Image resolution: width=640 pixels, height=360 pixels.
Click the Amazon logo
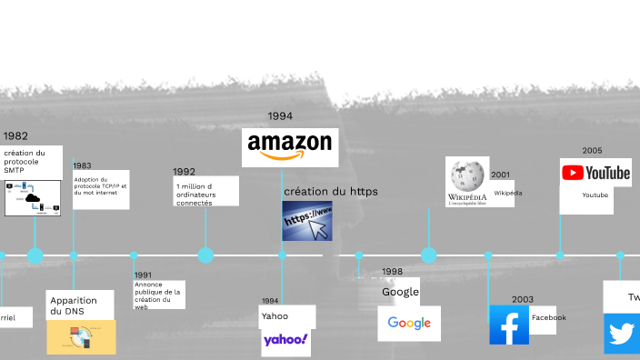(x=290, y=146)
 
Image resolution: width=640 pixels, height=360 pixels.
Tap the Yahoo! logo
(x=285, y=342)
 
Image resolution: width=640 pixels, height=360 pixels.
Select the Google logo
(x=409, y=323)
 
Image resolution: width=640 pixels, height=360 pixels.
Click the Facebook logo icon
(x=508, y=325)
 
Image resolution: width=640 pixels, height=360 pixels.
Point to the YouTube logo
(x=595, y=173)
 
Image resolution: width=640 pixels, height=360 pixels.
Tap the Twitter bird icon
(x=624, y=334)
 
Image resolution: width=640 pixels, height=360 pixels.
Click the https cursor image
(x=307, y=221)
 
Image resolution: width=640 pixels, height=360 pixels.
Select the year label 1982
(x=15, y=136)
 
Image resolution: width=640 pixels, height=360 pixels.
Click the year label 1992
(x=184, y=171)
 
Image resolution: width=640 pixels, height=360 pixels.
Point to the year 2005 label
(x=592, y=151)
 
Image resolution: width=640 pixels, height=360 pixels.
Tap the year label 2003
(x=522, y=299)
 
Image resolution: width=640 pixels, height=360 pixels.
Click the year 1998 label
(x=392, y=271)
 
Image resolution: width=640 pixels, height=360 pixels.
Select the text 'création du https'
(x=330, y=192)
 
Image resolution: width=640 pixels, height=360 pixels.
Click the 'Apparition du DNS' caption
(x=73, y=306)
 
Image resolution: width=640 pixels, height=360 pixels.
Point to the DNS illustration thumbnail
(x=81, y=337)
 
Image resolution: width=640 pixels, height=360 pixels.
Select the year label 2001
(x=500, y=175)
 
